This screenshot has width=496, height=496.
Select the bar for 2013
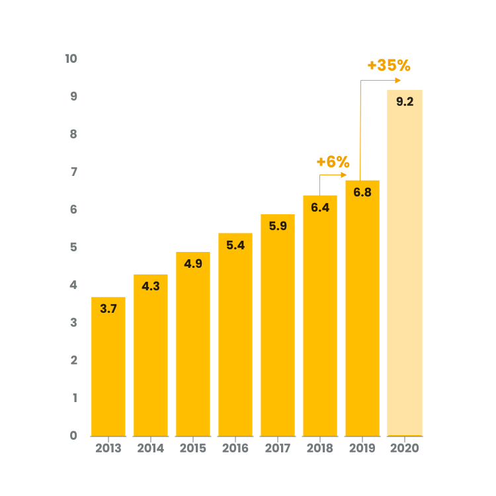pos(108,366)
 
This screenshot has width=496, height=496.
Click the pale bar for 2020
pos(405,263)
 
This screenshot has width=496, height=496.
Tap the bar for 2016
pos(235,335)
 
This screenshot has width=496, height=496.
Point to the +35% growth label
pos(389,65)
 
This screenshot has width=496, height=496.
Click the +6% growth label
pos(333,162)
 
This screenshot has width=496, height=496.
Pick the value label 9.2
pos(405,102)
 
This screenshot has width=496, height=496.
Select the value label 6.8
pos(362,192)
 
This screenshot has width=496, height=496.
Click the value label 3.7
pos(108,308)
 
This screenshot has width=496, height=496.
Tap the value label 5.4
pos(235,245)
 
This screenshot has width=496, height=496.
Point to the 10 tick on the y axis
pos(71,58)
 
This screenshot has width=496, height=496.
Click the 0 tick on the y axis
pos(73,436)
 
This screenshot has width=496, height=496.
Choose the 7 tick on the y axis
pos(73,172)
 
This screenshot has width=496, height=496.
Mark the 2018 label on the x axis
pos(320,448)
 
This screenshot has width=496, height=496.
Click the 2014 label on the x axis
pos(151,448)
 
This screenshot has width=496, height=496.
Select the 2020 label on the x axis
pos(405,448)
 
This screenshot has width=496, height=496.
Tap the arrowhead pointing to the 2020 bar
pos(398,80)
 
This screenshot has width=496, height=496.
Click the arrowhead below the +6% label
pos(344,175)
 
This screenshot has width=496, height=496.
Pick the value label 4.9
pos(193,263)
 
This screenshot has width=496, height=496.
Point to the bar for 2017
pos(278,325)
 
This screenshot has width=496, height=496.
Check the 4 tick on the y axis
pos(73,285)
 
